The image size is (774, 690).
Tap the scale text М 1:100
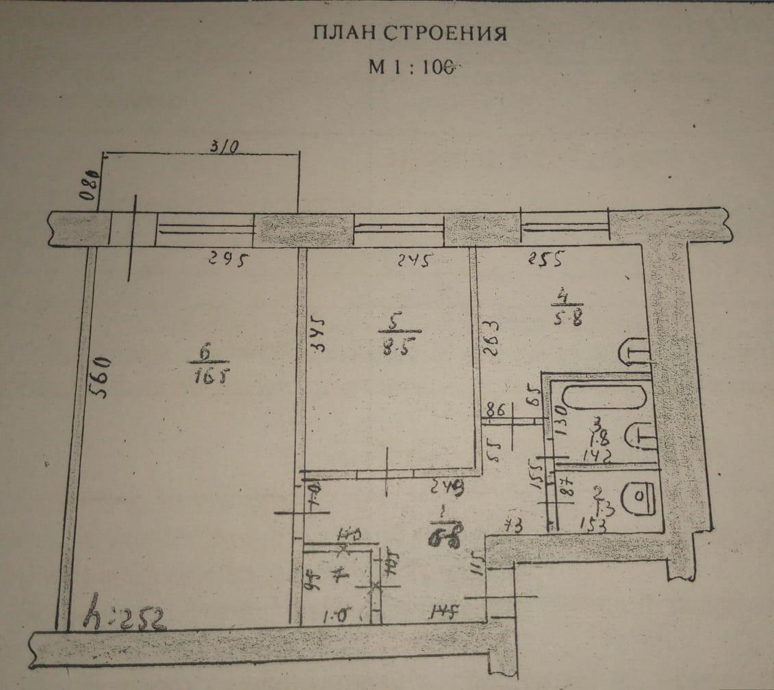point(411,67)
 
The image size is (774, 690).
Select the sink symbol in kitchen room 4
point(634,353)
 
